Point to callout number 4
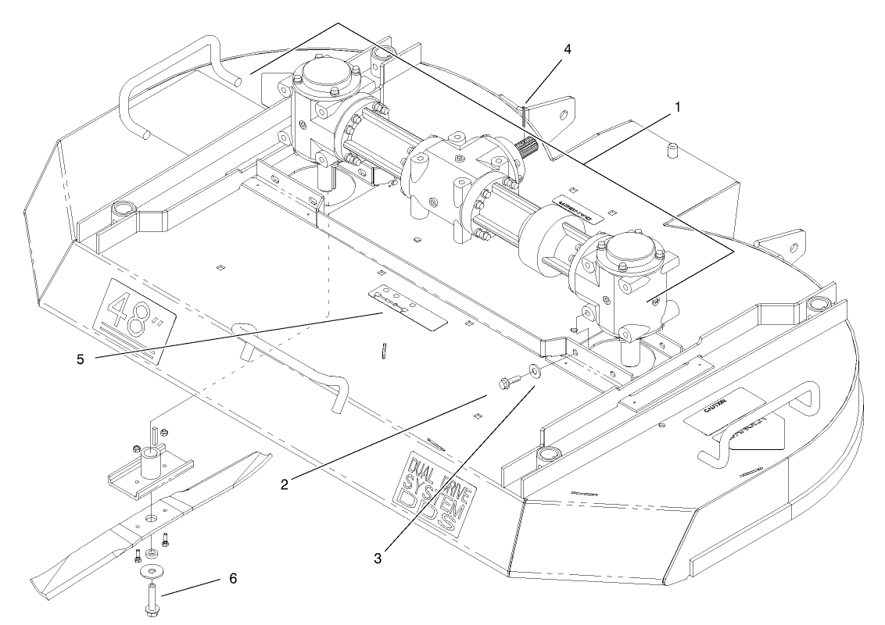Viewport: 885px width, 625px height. (x=568, y=48)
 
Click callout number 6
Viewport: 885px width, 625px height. (x=233, y=578)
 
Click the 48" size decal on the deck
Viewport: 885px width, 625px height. (x=129, y=318)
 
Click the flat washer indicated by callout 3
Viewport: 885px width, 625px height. (x=534, y=370)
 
